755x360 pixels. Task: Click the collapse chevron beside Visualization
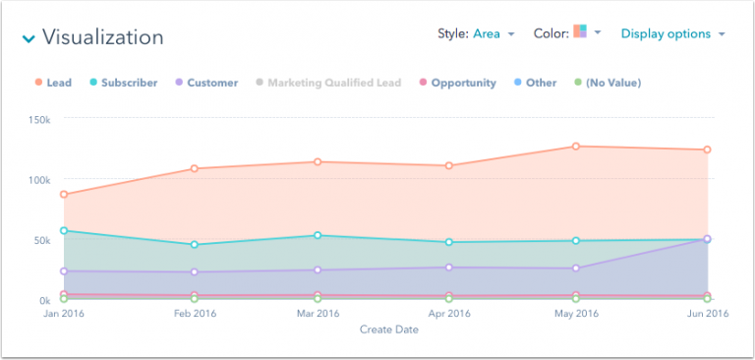point(28,39)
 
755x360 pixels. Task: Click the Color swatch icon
point(580,32)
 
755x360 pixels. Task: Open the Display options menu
point(672,33)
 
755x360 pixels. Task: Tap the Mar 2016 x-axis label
point(318,314)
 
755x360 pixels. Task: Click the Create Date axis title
point(388,330)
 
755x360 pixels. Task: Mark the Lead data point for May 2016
point(576,147)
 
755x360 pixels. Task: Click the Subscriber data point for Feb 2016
point(195,245)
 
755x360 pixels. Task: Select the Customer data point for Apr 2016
point(449,268)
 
